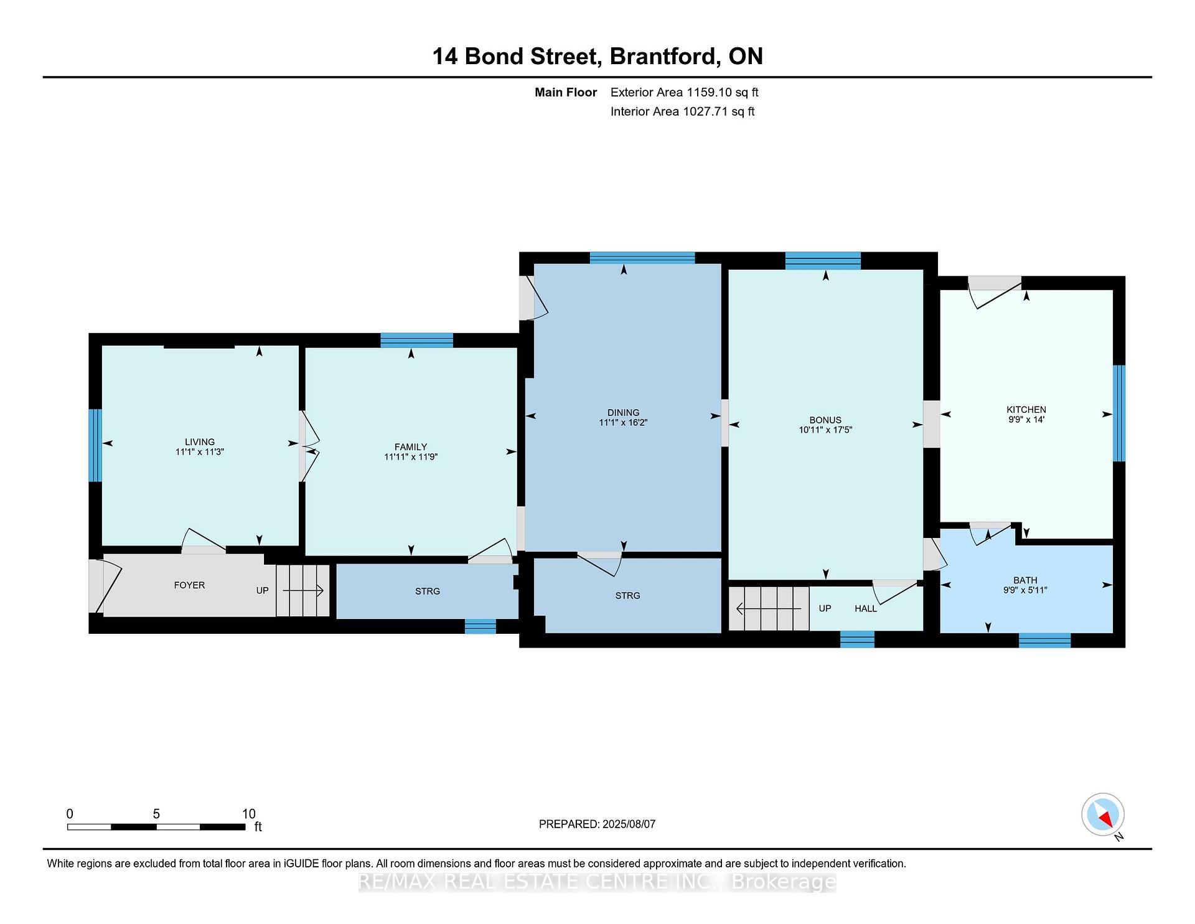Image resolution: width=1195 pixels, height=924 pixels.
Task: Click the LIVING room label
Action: [199, 442]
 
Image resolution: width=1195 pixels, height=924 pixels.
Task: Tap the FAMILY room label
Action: [411, 447]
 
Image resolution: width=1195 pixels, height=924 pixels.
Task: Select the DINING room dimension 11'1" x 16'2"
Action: [623, 423]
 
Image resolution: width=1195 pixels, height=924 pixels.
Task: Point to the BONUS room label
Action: [825, 420]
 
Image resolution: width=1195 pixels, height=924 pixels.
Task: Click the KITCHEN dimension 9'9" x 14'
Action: [1026, 420]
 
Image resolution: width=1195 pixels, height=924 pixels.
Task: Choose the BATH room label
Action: [1025, 580]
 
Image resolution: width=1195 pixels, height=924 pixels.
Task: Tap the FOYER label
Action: [189, 585]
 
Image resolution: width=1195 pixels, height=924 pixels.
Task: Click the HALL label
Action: [866, 608]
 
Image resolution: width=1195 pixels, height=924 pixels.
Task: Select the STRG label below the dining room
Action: [627, 596]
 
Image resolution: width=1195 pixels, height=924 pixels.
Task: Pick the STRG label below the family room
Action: [428, 592]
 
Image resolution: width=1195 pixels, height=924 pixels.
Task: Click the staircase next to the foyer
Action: [302, 590]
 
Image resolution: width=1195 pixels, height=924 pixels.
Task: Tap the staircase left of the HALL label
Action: [769, 608]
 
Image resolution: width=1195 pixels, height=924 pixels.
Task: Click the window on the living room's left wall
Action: [95, 445]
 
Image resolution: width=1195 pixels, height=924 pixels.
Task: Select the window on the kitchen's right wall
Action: [1119, 413]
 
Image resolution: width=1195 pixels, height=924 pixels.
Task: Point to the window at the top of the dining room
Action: [642, 258]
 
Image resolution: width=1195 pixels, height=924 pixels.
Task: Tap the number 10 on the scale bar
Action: [249, 814]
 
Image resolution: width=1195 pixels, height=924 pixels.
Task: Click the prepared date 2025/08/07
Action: [629, 824]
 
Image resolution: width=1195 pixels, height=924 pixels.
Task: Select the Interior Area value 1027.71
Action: [706, 111]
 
